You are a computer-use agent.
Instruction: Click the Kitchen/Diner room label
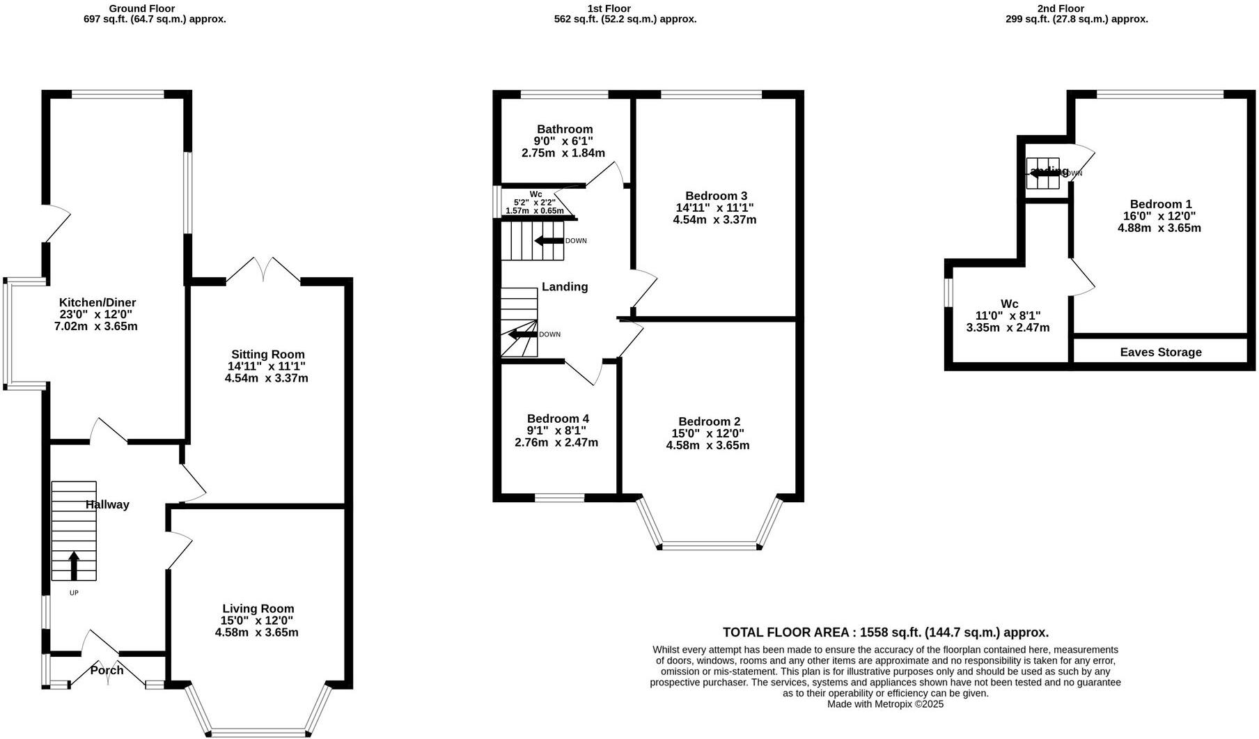97,302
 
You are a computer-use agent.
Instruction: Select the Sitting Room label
267,355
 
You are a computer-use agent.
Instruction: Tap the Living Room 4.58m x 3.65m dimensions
256,632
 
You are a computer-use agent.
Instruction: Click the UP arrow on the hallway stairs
74,566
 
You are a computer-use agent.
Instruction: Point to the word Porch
107,670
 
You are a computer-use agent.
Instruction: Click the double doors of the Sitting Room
264,270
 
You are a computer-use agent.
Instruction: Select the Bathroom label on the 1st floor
565,129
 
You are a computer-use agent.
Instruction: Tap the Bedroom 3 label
716,196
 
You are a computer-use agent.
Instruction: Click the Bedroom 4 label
558,419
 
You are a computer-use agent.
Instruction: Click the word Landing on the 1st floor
565,286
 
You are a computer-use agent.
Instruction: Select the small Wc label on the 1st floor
535,194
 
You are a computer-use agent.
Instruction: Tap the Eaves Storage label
1160,352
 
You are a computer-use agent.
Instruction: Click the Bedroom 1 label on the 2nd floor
1160,204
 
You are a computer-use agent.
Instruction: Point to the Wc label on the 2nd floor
1009,304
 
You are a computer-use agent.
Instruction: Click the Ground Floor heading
143,8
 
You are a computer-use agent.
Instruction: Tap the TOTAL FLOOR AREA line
885,632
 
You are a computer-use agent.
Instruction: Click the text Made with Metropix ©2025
885,704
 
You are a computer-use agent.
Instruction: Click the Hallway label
107,504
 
